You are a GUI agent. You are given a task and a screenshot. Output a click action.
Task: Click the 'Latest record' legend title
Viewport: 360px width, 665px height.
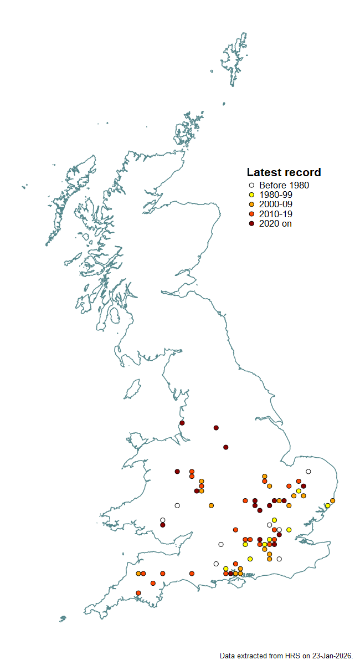pyautogui.click(x=284, y=172)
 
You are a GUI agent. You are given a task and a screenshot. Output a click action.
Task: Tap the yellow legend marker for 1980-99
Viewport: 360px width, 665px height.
pyautogui.click(x=251, y=195)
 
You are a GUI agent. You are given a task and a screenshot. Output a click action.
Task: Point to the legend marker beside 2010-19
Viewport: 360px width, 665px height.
pyautogui.click(x=251, y=214)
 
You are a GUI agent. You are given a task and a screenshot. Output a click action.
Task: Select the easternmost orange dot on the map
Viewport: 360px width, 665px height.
pyautogui.click(x=332, y=501)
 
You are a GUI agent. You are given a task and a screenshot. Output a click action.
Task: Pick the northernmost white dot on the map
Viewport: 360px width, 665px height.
pyautogui.click(x=308, y=472)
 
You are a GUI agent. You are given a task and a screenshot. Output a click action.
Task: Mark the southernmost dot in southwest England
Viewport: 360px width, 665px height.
pyautogui.click(x=138, y=593)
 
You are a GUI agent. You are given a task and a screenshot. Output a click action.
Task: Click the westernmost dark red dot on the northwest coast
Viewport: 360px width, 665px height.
pyautogui.click(x=182, y=423)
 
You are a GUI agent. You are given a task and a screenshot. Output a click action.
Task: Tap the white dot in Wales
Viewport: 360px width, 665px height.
pyautogui.click(x=177, y=505)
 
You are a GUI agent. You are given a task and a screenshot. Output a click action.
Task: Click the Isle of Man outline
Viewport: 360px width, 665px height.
pyautogui.click(x=132, y=390)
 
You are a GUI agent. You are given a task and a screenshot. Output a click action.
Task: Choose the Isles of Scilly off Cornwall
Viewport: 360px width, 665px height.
pyautogui.click(x=63, y=618)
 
